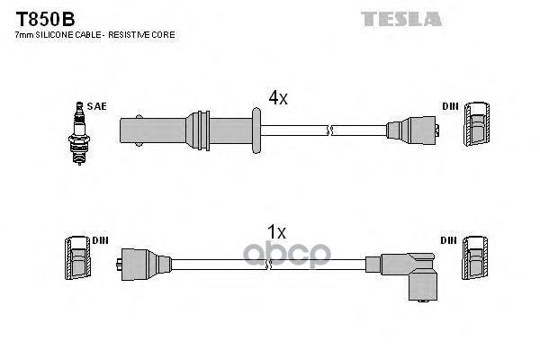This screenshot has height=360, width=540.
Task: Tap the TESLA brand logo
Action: pyautogui.click(x=400, y=17)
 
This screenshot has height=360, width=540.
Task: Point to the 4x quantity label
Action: pyautogui.click(x=278, y=98)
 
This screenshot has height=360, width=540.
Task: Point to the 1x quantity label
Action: pyautogui.click(x=276, y=232)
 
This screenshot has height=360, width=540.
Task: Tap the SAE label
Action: pyautogui.click(x=96, y=106)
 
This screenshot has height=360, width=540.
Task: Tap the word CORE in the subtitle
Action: pyautogui.click(x=165, y=34)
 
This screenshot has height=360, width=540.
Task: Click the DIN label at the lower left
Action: pyautogui.click(x=99, y=240)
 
